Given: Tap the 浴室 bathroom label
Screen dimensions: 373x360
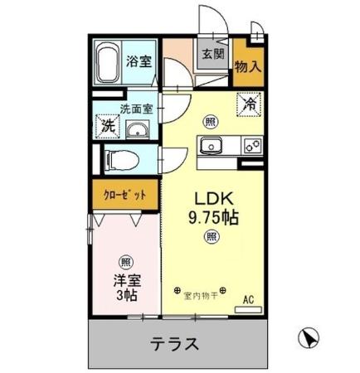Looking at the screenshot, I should [139, 61].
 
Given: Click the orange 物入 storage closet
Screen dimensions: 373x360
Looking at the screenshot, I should [248, 65].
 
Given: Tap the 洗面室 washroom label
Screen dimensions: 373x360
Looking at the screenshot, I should [136, 109].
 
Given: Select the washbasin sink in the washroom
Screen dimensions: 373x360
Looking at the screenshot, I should [138, 130].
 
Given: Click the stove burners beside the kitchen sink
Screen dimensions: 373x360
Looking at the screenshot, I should [251, 147].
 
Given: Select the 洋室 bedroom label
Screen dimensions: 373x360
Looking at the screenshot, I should [124, 280].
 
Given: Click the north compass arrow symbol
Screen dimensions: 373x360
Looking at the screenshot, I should [307, 338].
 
